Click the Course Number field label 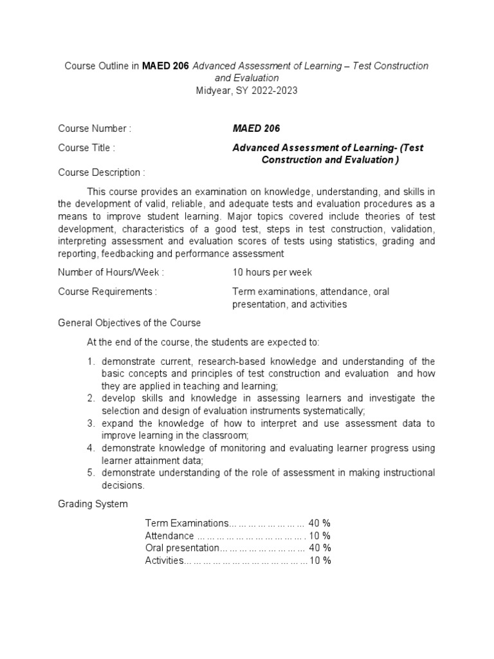95,129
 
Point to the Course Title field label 87,148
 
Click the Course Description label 102,172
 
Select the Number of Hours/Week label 111,272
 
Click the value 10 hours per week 272,272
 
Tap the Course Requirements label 107,292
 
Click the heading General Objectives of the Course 129,322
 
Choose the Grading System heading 93,503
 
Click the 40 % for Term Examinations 320,523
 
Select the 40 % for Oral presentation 320,548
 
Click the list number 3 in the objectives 91,423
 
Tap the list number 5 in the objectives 91,473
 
